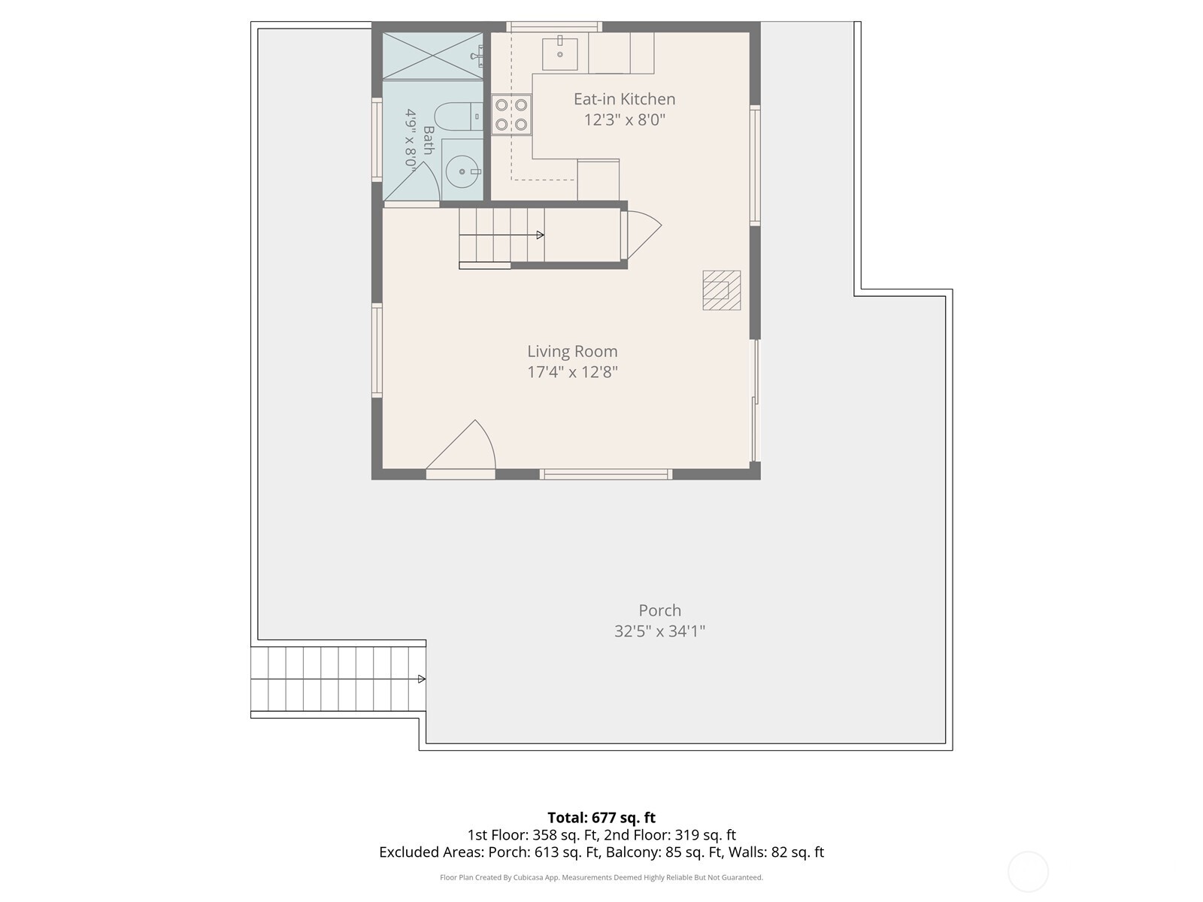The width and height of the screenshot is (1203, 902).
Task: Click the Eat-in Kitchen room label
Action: pos(624,99)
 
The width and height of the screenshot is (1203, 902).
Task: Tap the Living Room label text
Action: pos(572,351)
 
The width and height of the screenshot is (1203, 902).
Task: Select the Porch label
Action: pos(659,610)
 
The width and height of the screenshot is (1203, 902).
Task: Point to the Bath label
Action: pos(429,141)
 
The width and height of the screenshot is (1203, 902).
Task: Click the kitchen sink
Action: pos(559,54)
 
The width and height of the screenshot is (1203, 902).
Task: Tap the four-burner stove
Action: pos(511,114)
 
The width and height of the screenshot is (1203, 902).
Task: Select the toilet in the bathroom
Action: pos(458,116)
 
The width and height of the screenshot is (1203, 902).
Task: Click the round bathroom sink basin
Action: pos(462,171)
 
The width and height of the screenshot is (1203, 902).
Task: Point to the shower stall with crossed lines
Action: pos(432,56)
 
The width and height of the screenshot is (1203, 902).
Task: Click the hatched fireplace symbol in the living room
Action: pos(721,290)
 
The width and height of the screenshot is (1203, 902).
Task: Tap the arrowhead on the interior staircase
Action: pos(541,235)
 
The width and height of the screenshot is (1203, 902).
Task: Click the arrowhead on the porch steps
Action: pos(422,679)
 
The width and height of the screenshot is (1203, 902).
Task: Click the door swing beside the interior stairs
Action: pos(644,235)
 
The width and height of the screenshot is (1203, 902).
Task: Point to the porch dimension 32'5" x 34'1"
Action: pos(659,631)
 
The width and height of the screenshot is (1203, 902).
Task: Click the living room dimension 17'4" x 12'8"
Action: pos(572,372)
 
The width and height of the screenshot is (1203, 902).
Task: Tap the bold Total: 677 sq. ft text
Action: pos(601,818)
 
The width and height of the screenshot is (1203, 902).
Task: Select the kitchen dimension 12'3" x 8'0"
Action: pos(624,120)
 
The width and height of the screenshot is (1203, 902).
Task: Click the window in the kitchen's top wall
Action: pos(554,27)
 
